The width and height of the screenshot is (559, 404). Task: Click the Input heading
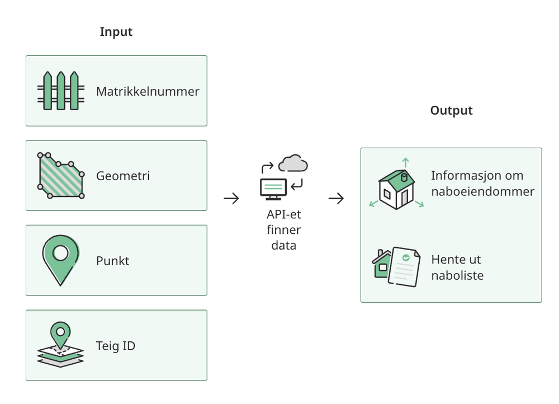click(116, 32)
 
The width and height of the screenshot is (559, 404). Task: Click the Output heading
click(451, 111)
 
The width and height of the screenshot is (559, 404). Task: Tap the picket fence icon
click(61, 91)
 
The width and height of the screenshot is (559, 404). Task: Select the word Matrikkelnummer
click(148, 91)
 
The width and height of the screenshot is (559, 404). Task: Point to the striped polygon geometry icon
click(61, 176)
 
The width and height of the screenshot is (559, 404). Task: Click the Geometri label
click(123, 176)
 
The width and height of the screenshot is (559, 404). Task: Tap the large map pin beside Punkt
click(60, 260)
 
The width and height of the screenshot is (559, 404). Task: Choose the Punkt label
click(113, 261)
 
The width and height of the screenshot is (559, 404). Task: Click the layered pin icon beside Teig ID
click(60, 345)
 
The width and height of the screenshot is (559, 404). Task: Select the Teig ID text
click(116, 346)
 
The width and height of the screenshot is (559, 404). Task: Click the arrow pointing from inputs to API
click(231, 199)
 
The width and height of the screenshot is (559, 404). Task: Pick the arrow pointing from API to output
click(336, 199)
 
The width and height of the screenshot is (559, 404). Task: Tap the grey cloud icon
click(293, 163)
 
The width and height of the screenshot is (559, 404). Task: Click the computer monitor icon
click(273, 189)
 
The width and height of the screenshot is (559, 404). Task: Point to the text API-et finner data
click(284, 230)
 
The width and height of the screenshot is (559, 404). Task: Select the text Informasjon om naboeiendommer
click(483, 184)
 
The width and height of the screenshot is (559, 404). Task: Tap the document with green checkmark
click(404, 266)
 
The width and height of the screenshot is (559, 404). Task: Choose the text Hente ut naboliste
click(457, 267)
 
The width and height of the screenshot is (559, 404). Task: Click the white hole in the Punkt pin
click(60, 253)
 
